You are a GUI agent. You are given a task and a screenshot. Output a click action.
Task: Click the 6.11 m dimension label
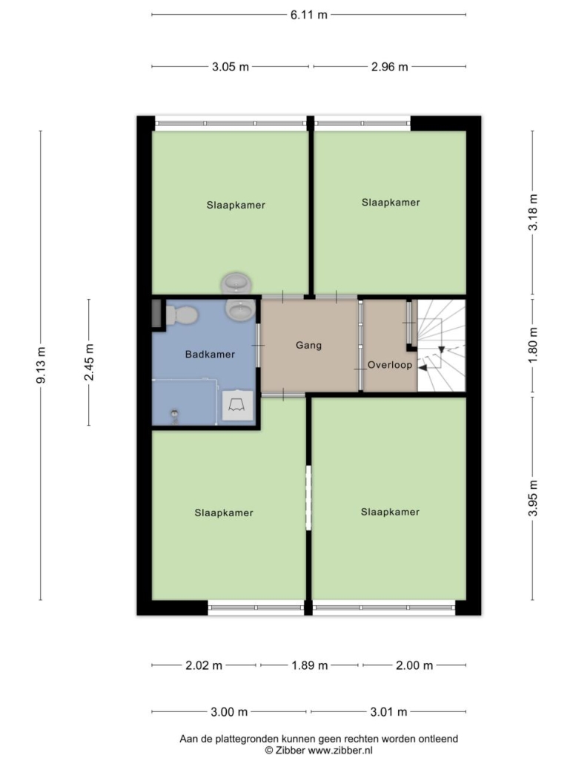308,15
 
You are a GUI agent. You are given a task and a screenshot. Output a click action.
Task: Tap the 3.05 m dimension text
231,67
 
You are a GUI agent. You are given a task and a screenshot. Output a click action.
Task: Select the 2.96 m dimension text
389,67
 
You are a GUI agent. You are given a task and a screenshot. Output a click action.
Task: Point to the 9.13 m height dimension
42,365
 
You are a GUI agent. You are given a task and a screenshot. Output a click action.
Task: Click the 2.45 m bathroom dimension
89,362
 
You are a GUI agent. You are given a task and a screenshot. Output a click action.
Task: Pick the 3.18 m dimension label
534,212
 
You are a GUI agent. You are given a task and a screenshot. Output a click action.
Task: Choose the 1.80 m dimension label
534,344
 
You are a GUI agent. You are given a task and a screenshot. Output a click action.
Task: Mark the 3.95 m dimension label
534,498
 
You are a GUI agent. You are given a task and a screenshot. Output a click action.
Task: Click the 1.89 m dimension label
310,665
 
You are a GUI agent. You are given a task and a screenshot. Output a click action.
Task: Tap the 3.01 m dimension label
388,712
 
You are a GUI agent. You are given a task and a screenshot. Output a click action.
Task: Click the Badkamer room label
210,355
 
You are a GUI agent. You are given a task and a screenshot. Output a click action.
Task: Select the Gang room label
308,346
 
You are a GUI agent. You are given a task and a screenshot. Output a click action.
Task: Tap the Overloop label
390,365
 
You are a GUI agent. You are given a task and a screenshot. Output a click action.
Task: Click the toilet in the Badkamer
181,315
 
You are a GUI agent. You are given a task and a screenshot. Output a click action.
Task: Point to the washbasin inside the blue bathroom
239,309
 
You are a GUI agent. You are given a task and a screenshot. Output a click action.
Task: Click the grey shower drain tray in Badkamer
237,405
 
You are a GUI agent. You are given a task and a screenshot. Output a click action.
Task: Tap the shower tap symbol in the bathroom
174,417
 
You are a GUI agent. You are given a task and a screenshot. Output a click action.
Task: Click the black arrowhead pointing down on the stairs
442,349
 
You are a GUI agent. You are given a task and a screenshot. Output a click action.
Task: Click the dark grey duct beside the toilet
156,315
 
